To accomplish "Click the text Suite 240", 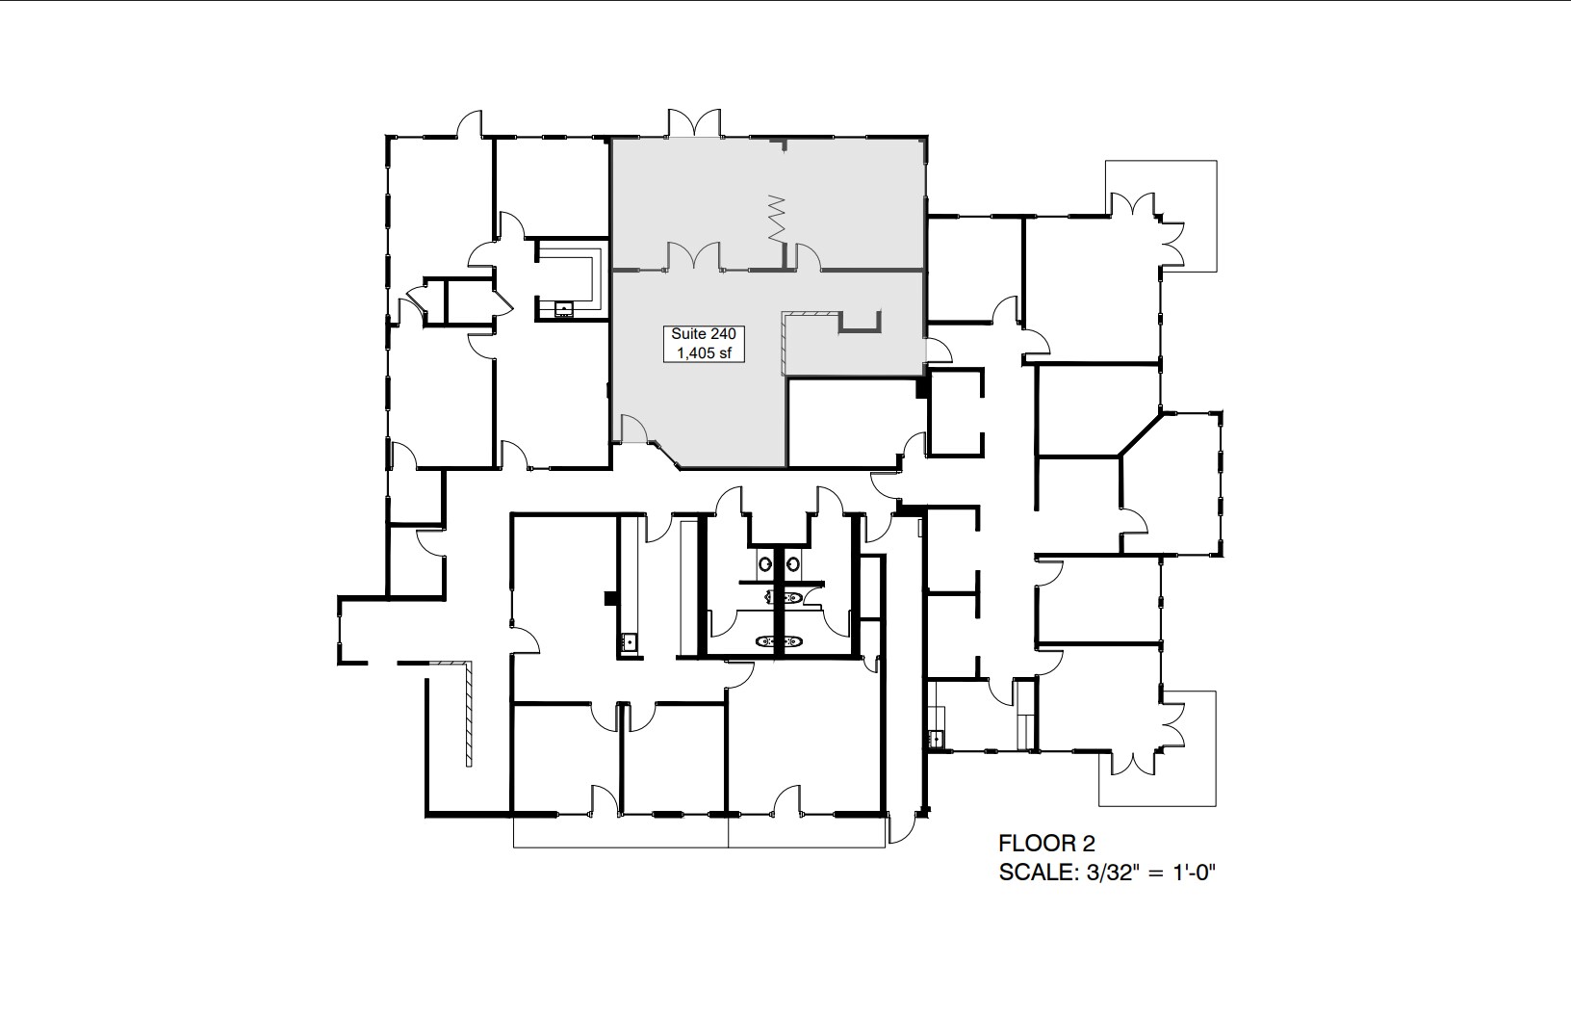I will click(703, 333).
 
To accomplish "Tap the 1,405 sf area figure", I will click(703, 352).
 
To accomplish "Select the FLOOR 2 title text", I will click(1046, 845).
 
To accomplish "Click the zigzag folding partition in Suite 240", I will click(777, 219).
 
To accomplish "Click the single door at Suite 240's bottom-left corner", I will click(632, 430).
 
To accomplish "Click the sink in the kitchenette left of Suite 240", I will click(564, 309).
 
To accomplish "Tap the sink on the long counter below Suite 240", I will click(630, 640).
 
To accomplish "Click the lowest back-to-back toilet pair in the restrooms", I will click(780, 640).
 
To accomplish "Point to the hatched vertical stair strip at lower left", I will click(467, 713).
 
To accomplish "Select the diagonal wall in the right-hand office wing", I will click(1139, 433).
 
